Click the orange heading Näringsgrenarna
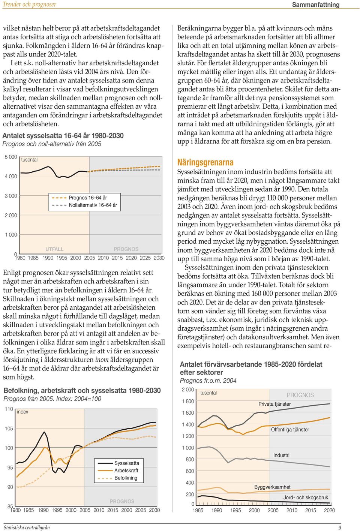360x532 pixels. tap(205, 162)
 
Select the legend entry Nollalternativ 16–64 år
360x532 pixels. tap(85, 205)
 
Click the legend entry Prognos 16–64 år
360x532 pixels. tap(79, 198)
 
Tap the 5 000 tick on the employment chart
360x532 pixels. tap(11, 157)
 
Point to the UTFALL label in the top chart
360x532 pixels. tap(54, 249)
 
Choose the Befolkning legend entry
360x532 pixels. tap(117, 478)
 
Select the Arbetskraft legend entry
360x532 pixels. tap(118, 471)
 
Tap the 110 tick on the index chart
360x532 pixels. tap(9, 409)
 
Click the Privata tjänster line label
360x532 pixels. tap(274, 404)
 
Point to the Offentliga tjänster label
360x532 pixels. tap(290, 429)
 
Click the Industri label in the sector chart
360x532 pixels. tap(281, 455)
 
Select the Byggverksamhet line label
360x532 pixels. tap(272, 487)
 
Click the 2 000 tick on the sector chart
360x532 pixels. tap(188, 390)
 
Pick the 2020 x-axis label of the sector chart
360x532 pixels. tap(329, 510)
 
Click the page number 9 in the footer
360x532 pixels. tap(340, 528)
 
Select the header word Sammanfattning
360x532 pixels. tap(316, 4)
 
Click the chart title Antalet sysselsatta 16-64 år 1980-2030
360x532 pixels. tap(63, 136)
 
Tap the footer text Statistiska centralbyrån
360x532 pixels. tap(27, 528)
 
